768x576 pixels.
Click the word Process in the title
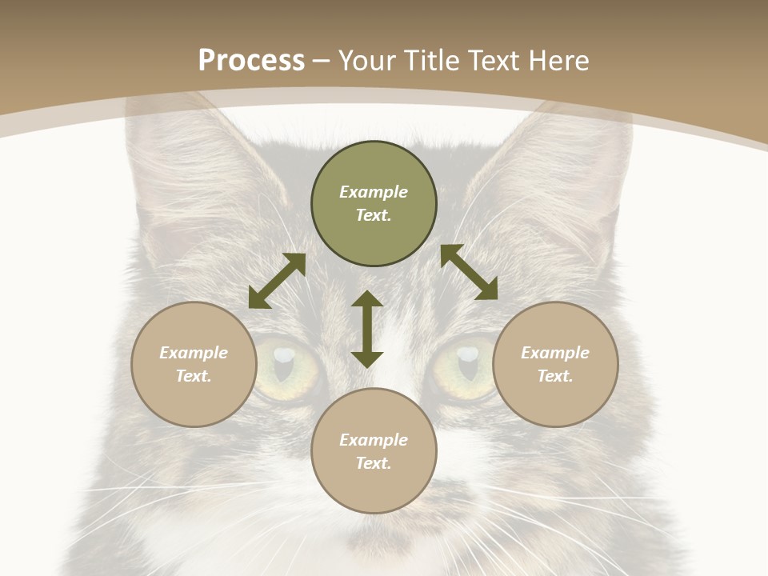click(x=251, y=61)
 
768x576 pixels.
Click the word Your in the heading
click(x=368, y=61)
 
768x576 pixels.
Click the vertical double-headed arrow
click(x=367, y=329)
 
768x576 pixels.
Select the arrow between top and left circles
click(x=277, y=281)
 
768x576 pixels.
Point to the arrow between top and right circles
click(x=469, y=272)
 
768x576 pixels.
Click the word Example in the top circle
click(x=374, y=192)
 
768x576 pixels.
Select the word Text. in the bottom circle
click(x=374, y=463)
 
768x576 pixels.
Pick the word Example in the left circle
click(x=194, y=353)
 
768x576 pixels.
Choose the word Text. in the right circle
click(x=555, y=376)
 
